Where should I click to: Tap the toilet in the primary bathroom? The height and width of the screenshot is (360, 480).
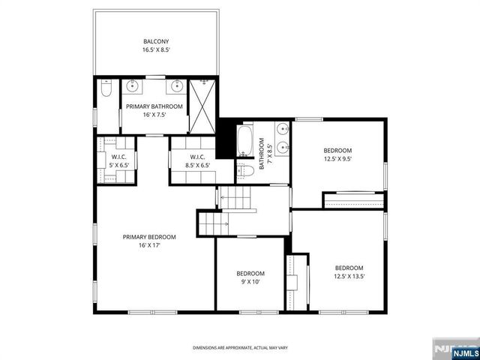[106, 90]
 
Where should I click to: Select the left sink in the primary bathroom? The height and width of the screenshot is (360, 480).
[132, 85]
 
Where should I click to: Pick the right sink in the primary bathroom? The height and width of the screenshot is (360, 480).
[177, 85]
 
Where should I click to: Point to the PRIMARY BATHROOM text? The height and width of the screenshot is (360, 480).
[154, 106]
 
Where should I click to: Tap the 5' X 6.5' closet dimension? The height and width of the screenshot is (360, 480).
[115, 165]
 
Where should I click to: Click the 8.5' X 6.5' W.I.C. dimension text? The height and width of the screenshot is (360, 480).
[193, 165]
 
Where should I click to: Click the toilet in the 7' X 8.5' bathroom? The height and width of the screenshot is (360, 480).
[242, 171]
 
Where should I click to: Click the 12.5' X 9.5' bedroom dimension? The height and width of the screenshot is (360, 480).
[337, 159]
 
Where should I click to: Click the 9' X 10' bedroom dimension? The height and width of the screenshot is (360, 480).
[250, 282]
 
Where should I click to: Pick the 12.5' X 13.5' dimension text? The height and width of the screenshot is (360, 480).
[349, 277]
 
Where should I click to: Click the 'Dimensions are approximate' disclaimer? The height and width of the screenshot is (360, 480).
[240, 348]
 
